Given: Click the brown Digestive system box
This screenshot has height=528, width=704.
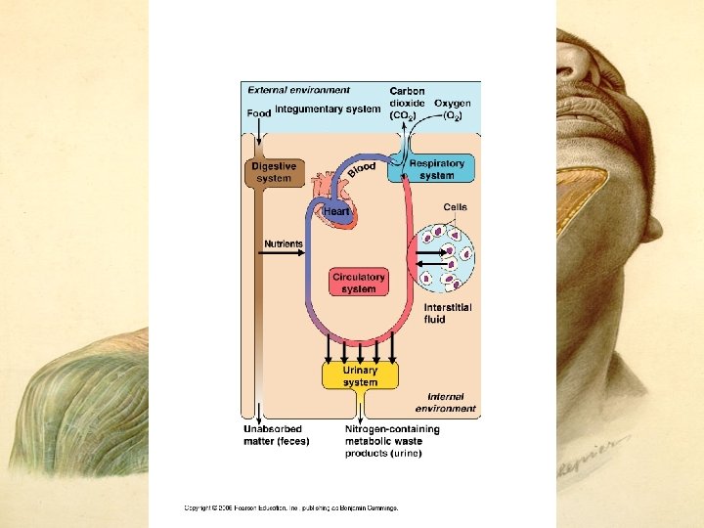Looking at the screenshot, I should tap(274, 172).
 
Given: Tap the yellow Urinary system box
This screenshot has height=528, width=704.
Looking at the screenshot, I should tap(360, 375).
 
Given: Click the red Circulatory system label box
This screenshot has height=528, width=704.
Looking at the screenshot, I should tap(359, 283).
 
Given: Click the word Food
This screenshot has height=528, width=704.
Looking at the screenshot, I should tap(258, 113).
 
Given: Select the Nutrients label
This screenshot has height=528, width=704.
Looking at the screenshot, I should tap(284, 243).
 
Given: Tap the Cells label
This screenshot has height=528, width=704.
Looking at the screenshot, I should tap(455, 207).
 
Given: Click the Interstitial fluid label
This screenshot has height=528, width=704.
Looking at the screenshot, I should tap(447, 313).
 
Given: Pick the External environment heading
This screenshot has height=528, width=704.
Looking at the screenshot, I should tap(298, 91).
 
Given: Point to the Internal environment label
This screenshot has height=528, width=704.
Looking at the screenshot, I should tap(445, 403).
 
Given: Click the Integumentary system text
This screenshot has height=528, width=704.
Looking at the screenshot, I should tap(328, 109).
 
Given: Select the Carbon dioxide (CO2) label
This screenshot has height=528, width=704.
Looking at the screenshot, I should tap(407, 103).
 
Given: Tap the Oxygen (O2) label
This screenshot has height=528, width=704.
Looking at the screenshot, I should tap(452, 109).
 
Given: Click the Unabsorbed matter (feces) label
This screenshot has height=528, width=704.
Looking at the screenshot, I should tap(276, 435).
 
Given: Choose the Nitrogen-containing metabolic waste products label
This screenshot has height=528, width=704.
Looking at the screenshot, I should tap(392, 441).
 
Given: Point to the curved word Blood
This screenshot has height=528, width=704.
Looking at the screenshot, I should tap(361, 170).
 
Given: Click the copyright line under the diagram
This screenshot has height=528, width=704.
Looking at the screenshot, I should tap(291, 507).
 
